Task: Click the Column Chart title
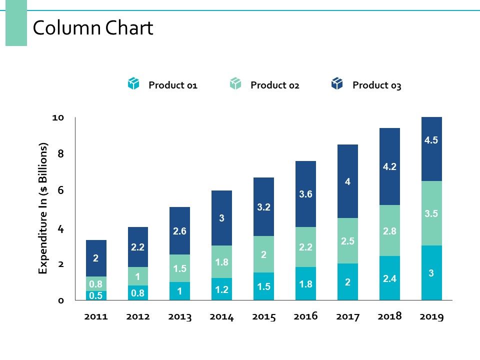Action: (x=92, y=28)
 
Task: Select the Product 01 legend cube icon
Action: (x=133, y=84)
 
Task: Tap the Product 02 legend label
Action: (x=274, y=85)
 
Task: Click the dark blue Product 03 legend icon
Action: (x=337, y=84)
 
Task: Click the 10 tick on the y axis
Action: (x=58, y=117)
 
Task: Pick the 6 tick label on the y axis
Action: (x=60, y=190)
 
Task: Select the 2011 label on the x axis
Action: (x=96, y=317)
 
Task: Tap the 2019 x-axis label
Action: (x=431, y=317)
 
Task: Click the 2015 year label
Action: (x=263, y=317)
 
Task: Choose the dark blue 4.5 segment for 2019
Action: (x=431, y=149)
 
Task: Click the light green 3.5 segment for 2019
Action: (x=431, y=213)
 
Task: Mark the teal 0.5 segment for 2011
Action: (x=96, y=295)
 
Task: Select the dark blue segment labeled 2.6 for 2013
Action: (x=180, y=231)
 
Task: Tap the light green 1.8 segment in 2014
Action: (x=222, y=261)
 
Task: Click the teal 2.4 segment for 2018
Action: (x=389, y=278)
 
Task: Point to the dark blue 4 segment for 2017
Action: (x=347, y=181)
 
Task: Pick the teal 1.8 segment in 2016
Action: (x=305, y=283)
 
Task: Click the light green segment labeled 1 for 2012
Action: (x=138, y=276)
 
